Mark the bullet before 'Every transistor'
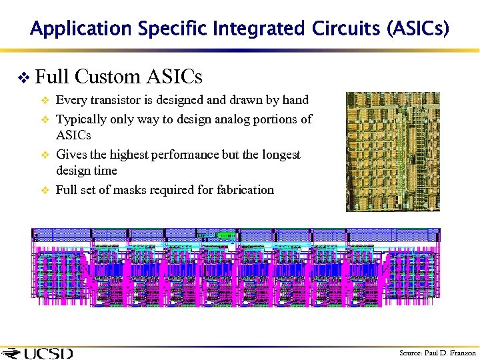pos(45,101)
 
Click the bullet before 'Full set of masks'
pos(45,191)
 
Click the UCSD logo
pos(38,353)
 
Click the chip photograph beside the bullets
pos(393,151)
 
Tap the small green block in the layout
pos(225,235)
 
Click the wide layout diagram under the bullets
pos(236,267)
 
